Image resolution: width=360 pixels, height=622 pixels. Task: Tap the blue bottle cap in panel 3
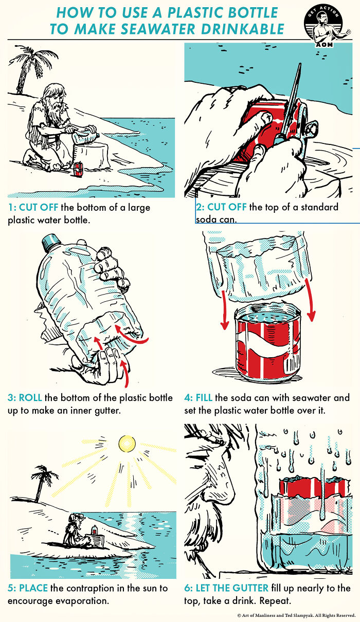[x=51, y=242]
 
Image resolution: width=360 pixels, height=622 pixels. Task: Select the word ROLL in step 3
[x=31, y=398]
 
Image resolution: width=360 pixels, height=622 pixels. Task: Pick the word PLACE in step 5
[x=36, y=588]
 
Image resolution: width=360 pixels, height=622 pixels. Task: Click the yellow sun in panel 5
[x=125, y=443]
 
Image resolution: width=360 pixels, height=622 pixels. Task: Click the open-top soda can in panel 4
[x=267, y=344]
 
